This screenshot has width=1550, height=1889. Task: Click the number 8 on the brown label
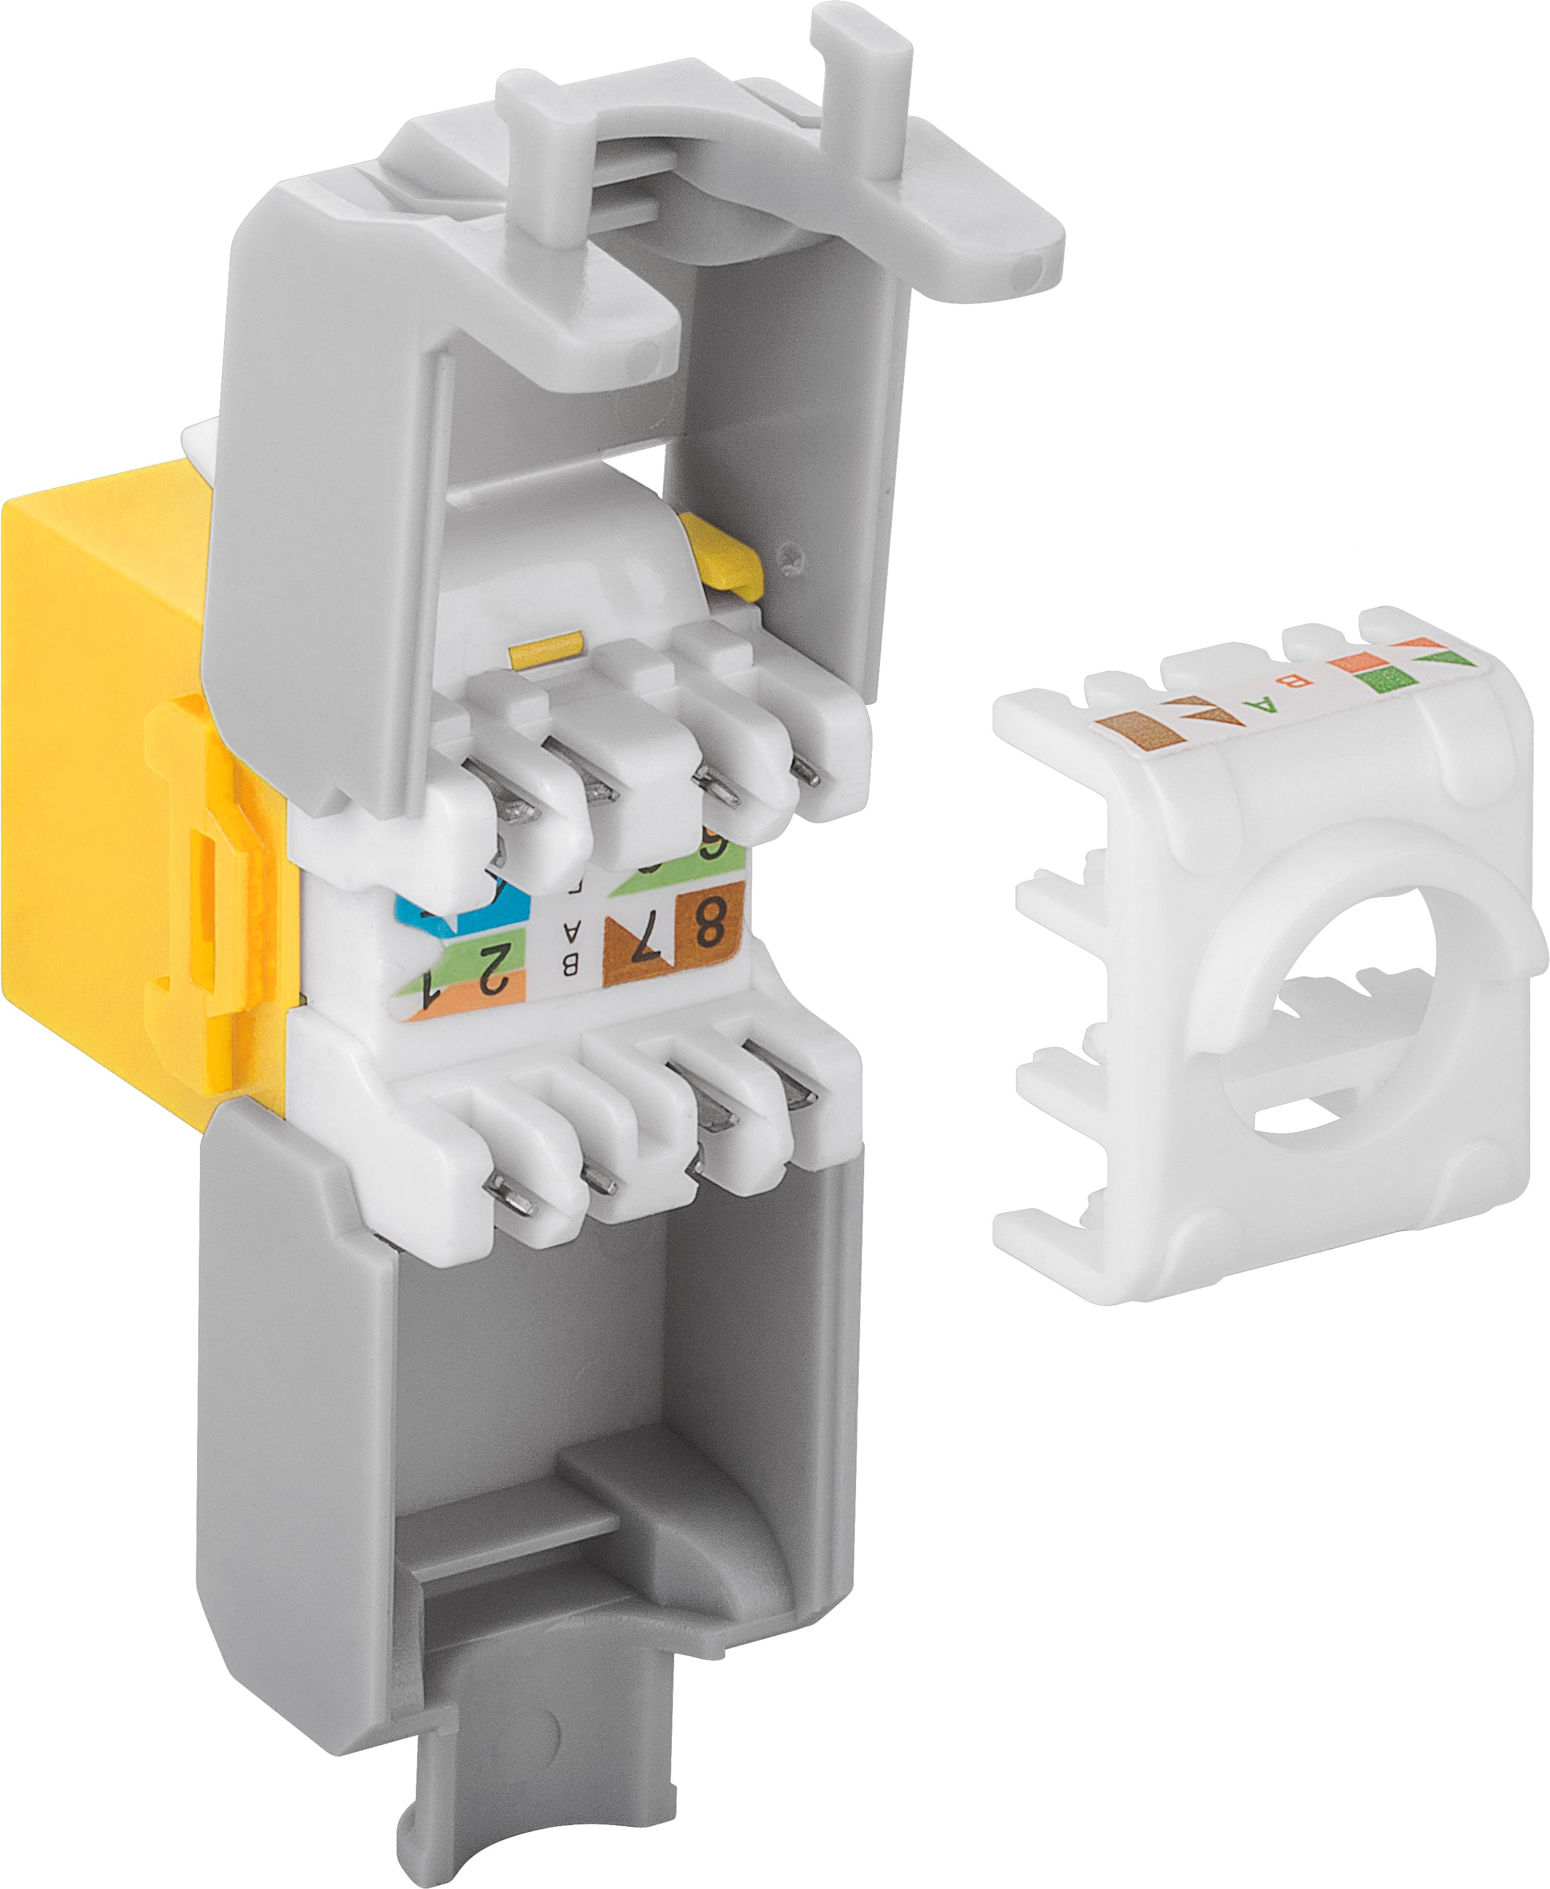pyautogui.click(x=708, y=923)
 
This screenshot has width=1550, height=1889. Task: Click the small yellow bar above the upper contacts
pyautogui.click(x=544, y=649)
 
